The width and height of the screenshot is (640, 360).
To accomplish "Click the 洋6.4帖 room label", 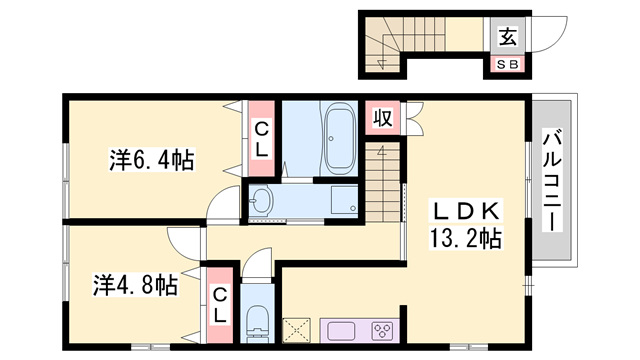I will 151,158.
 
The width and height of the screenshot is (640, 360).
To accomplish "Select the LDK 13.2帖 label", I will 466,225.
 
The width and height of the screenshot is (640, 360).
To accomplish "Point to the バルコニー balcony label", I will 551,180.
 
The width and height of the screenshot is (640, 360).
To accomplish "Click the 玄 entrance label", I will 508,38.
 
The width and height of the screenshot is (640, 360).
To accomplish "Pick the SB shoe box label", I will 508,65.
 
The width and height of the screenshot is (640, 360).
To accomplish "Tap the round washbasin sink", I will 262,200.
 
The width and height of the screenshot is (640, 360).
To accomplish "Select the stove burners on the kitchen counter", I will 381,331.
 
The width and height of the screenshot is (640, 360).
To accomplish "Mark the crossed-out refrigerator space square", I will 298,331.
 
